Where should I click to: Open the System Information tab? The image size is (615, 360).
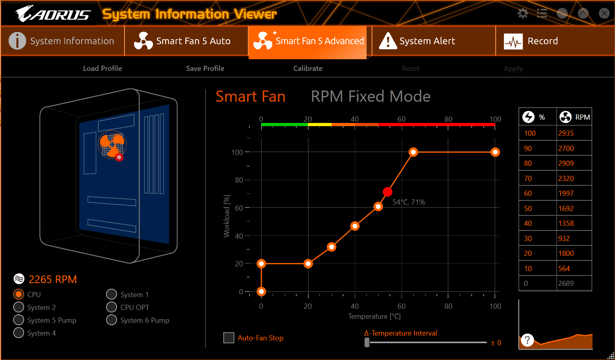[x=62, y=41]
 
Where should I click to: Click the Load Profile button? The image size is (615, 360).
[x=102, y=68]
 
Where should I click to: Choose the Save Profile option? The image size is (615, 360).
[x=205, y=68]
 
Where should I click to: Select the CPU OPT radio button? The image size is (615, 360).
[x=112, y=307]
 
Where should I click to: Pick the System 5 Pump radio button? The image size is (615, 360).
[x=19, y=320]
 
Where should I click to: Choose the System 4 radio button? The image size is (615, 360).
[x=19, y=333]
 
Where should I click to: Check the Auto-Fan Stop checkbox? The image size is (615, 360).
[x=229, y=338]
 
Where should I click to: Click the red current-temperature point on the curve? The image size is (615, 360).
[x=387, y=192]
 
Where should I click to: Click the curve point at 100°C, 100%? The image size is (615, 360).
[x=495, y=152]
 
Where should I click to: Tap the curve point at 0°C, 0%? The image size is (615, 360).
[x=261, y=292]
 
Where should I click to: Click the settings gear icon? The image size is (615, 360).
[x=523, y=14]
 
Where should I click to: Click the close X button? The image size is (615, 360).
[x=604, y=14]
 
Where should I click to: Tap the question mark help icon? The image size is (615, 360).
[x=527, y=340]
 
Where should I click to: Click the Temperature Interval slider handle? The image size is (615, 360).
[x=367, y=342]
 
